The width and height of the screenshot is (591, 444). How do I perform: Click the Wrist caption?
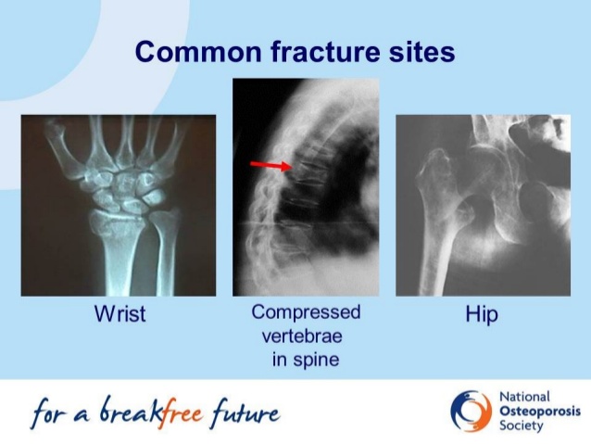119,313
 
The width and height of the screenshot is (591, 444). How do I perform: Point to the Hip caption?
482,314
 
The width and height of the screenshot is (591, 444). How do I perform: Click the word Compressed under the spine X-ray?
306,312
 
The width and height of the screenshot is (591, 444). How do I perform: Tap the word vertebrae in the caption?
302,336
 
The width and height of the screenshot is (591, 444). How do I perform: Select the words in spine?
306,359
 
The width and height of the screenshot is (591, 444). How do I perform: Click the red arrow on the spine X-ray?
271,165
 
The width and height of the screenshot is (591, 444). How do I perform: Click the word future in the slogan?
246,412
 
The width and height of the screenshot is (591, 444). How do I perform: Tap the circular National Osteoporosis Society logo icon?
472,411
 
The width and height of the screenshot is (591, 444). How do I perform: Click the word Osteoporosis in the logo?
540,412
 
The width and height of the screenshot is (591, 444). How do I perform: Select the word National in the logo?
524,398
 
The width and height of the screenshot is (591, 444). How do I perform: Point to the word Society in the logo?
522,425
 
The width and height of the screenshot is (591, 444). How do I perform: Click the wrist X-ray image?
119,206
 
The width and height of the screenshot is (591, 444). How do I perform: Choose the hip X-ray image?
483,206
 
